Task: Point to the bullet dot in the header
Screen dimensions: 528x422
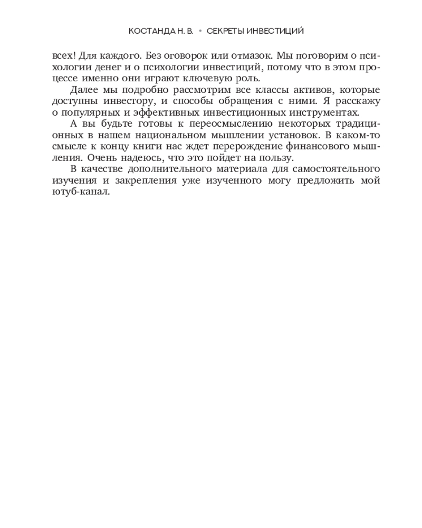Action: pyautogui.click(x=200, y=31)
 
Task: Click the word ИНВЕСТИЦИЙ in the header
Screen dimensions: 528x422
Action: pyautogui.click(x=275, y=31)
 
